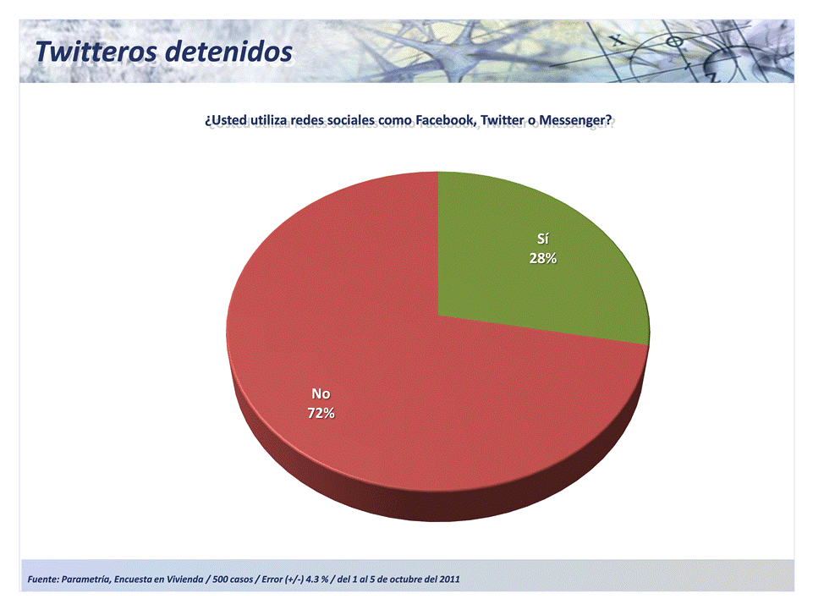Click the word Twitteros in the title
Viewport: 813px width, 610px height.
(96, 52)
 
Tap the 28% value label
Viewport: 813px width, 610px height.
(543, 258)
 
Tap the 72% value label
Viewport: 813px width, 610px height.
(321, 414)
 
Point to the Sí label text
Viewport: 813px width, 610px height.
(543, 239)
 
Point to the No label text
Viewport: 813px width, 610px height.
(321, 394)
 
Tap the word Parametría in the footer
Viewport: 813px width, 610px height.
(86, 580)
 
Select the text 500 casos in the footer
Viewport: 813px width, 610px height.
(233, 580)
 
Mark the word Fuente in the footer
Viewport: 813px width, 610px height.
(42, 580)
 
